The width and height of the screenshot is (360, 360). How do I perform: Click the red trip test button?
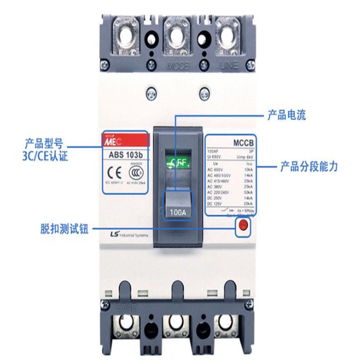pyautogui.click(x=243, y=226)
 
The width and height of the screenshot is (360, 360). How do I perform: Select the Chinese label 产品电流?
pyautogui.click(x=286, y=115)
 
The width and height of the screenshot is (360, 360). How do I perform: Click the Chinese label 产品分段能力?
pyautogui.click(x=309, y=167)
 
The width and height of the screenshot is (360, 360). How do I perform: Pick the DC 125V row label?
pyautogui.click(x=216, y=204)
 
